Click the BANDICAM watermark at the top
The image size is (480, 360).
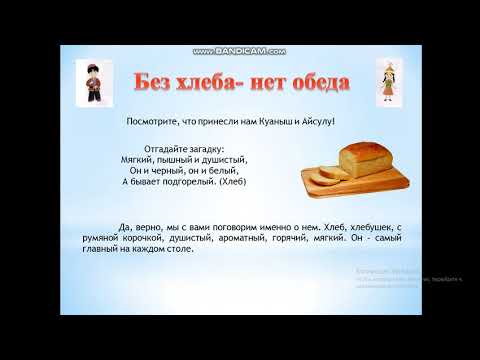[x=240, y=50]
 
